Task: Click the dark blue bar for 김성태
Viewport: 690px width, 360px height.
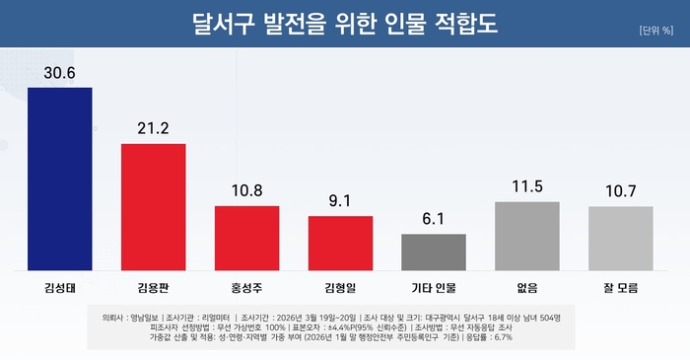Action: (59, 179)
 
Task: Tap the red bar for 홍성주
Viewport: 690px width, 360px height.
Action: (246, 238)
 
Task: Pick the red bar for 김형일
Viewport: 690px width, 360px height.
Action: (340, 243)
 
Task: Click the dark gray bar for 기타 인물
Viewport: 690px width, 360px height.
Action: (434, 252)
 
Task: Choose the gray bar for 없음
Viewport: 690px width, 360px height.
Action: (527, 236)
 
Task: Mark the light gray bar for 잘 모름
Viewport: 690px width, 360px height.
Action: (621, 238)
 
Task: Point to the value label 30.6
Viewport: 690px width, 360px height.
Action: (59, 72)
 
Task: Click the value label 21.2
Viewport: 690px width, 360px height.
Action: (153, 128)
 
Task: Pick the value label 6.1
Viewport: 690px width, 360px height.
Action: (434, 218)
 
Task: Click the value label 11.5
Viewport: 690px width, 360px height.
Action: (527, 186)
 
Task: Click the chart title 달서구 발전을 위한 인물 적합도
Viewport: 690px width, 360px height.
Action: (345, 23)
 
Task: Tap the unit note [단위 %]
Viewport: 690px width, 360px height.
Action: (655, 30)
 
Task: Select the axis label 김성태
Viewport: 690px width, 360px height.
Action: (59, 287)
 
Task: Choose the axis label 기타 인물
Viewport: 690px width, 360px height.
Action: (434, 287)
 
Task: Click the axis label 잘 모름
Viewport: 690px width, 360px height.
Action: (621, 287)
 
